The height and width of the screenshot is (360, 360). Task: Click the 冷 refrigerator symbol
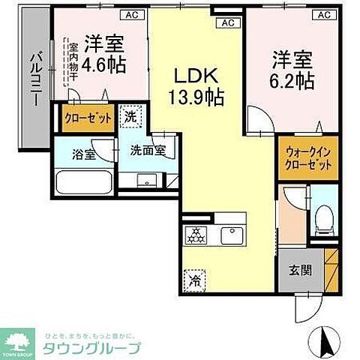[x=194, y=281]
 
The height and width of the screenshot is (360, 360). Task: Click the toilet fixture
[x=324, y=219]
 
